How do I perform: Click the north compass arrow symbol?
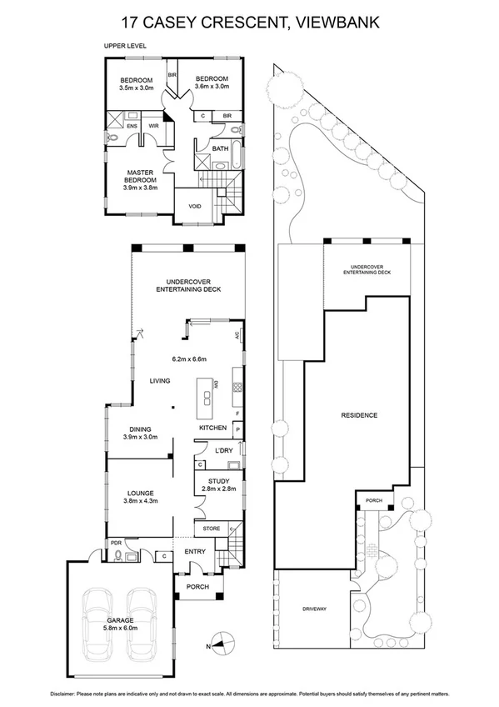tap(219, 641)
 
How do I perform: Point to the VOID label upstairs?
tap(195, 205)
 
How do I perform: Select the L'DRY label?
tap(222, 451)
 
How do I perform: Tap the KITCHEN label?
tap(212, 428)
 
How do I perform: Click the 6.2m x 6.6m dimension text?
tap(188, 359)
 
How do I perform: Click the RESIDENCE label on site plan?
tap(360, 415)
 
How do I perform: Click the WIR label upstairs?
tap(153, 126)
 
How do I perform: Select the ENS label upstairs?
tap(132, 126)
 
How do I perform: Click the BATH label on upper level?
tap(220, 149)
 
